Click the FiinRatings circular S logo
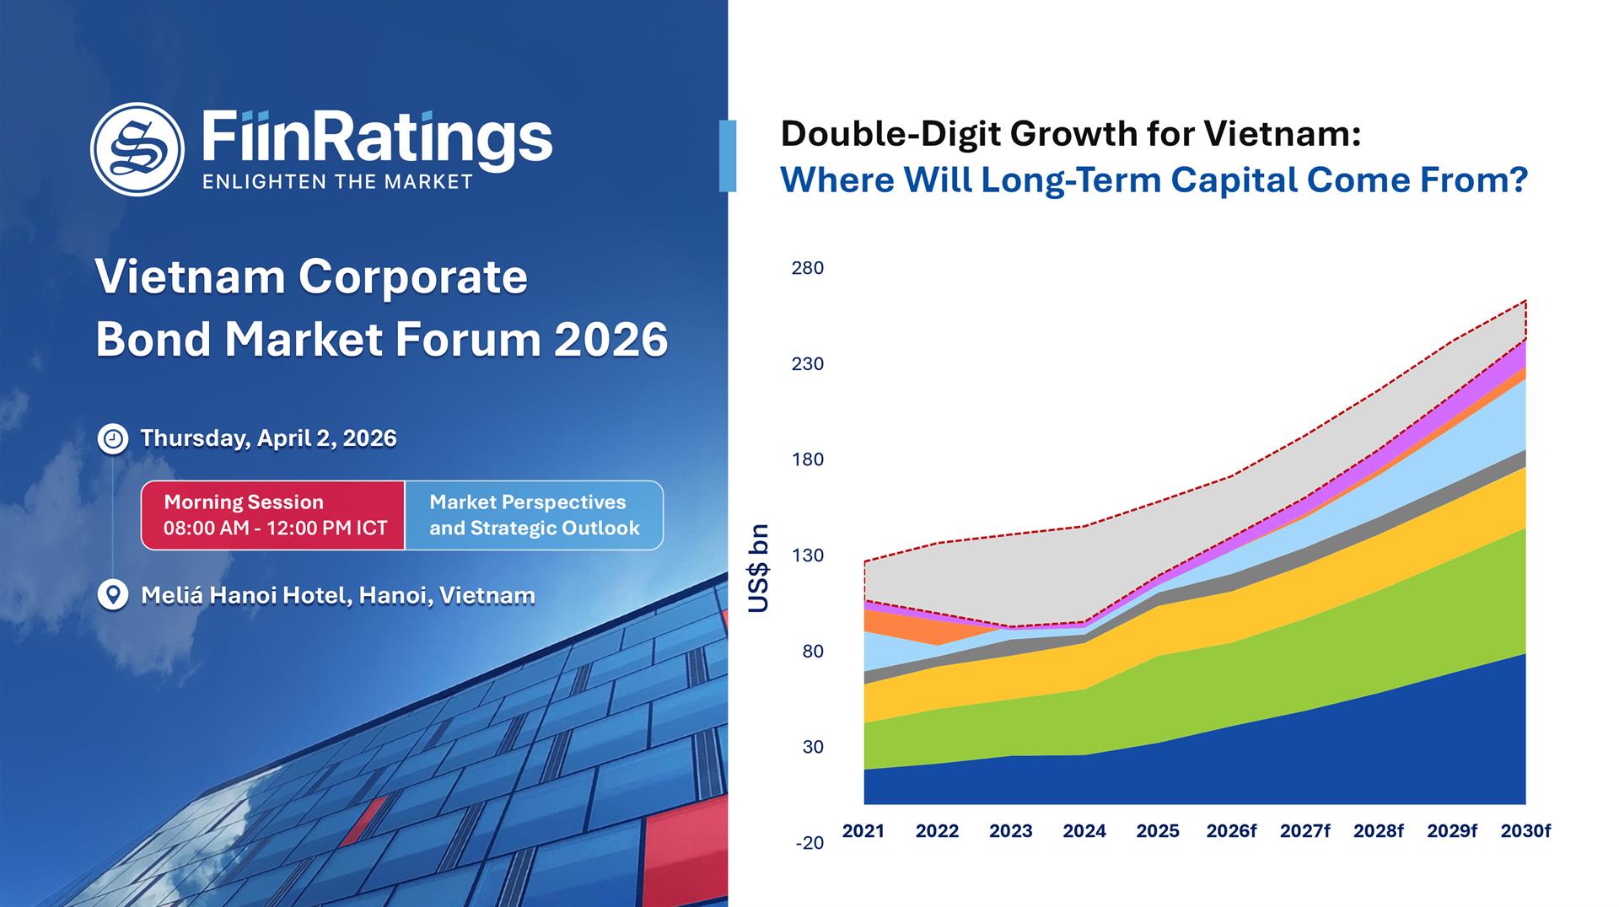point(137,149)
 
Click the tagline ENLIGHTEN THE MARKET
point(337,182)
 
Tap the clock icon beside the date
point(113,439)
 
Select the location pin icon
point(112,594)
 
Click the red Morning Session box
point(273,515)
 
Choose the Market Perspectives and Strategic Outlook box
point(534,515)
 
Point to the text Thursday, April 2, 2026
point(268,438)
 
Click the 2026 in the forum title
point(610,340)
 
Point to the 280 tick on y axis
point(807,268)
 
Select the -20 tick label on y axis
point(809,843)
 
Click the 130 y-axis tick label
point(807,555)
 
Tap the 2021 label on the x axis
point(863,831)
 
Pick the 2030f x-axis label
point(1525,831)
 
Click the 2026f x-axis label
point(1231,831)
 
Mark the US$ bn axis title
point(759,568)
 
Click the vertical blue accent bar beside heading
point(728,156)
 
